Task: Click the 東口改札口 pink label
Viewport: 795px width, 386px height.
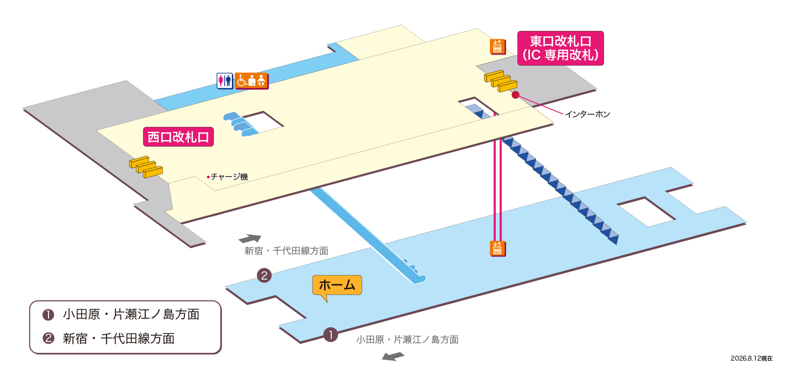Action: (x=560, y=48)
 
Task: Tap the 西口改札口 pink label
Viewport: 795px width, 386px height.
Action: (x=178, y=137)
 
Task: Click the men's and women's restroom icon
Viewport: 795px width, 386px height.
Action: (x=225, y=81)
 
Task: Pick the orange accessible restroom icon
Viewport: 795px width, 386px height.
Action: (x=251, y=81)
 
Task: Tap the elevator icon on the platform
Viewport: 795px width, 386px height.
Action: (x=497, y=249)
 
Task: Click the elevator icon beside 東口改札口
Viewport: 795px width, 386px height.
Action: (x=497, y=46)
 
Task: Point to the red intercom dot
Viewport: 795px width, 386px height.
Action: (x=515, y=95)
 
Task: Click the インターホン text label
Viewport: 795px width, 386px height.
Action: (x=587, y=114)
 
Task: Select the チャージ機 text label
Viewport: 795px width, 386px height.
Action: (x=229, y=176)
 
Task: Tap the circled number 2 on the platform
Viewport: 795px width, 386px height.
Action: (x=264, y=275)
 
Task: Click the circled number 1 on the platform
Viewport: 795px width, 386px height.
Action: (x=330, y=335)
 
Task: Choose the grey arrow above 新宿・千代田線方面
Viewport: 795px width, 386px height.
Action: (x=250, y=238)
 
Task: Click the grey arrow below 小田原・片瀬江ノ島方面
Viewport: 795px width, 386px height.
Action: (x=393, y=356)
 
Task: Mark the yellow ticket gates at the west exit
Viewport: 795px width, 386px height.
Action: (x=146, y=167)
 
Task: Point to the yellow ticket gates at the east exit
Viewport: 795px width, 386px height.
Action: (x=500, y=81)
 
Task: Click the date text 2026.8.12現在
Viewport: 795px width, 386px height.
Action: (x=752, y=358)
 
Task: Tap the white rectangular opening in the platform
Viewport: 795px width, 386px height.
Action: (x=646, y=212)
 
